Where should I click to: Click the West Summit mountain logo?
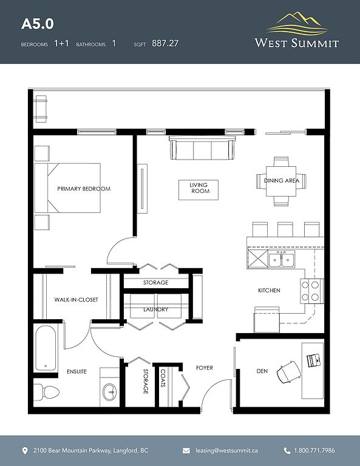tap(297, 24)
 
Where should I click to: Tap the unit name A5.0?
tap(38, 24)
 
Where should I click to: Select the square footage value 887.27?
tap(165, 44)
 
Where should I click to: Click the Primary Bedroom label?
tap(84, 189)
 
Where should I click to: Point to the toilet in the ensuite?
tap(46, 392)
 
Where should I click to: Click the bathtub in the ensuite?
tap(46, 348)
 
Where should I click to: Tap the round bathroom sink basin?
tap(109, 392)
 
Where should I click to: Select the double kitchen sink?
tap(281, 259)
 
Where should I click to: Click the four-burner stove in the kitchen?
tap(311, 291)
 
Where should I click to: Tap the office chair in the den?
tap(288, 371)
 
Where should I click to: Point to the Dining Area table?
tap(281, 181)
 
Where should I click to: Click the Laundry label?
tap(156, 309)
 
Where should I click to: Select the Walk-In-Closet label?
tap(76, 300)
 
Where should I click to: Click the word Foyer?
tap(205, 368)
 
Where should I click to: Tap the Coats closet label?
tap(163, 378)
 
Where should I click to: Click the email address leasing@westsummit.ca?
tap(226, 451)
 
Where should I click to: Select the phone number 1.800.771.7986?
tap(314, 451)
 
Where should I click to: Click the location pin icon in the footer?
tap(25, 451)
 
